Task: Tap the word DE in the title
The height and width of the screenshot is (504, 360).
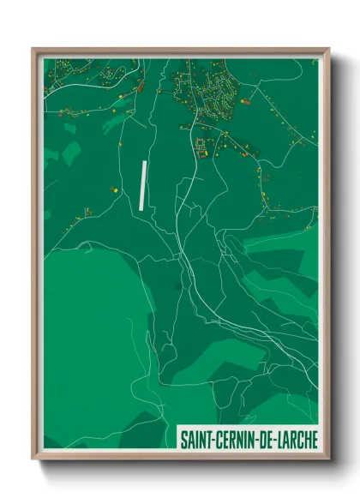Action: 263,440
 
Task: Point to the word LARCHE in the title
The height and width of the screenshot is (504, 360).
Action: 295,440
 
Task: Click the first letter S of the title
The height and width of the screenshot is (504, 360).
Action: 183,440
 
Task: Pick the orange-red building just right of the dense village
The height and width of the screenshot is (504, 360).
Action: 247,102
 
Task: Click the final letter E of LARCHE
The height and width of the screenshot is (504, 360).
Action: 312,440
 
